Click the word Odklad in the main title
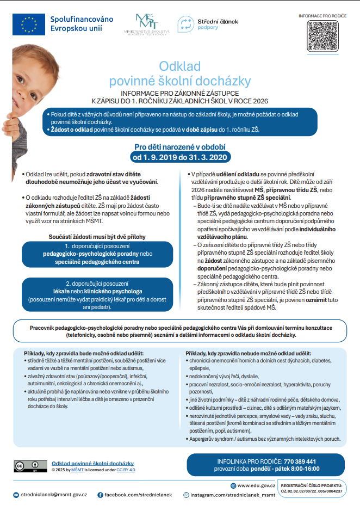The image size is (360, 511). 179,66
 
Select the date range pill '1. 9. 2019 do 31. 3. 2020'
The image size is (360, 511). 179,157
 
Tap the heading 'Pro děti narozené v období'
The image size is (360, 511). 179,146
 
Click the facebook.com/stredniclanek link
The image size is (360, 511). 138,495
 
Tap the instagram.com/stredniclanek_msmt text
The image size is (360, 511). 233,495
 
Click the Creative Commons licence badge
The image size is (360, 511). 27,465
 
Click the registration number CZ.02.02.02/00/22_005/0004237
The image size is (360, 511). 312,490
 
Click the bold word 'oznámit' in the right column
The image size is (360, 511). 315,300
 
